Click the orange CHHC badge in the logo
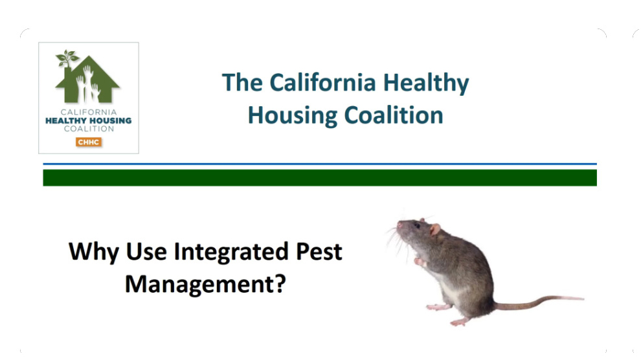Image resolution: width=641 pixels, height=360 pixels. (88, 142)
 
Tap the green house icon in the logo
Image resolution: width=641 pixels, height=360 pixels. (87, 80)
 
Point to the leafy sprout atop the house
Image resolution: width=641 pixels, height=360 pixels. (67, 58)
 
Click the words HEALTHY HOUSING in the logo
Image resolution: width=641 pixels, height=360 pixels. (88, 120)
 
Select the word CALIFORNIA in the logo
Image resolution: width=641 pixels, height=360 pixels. (89, 112)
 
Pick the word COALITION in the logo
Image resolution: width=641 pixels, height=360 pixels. (89, 129)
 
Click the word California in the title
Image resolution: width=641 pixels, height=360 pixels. (322, 82)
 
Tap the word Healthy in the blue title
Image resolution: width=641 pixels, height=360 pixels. (426, 84)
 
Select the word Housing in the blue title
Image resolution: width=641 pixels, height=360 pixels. (292, 116)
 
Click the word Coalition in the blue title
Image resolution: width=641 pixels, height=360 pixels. (394, 115)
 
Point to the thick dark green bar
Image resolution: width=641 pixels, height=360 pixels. (320, 178)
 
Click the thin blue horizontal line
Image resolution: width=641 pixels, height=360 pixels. (320, 164)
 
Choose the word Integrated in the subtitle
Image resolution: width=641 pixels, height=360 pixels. (231, 252)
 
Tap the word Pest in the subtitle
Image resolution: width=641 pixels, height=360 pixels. (319, 251)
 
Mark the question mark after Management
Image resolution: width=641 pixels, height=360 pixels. (280, 284)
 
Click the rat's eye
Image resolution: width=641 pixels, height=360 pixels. (417, 225)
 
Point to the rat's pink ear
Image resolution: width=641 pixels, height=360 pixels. (435, 229)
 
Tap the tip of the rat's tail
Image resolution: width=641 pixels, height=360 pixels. (583, 298)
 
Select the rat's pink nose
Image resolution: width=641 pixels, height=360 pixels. (399, 224)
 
